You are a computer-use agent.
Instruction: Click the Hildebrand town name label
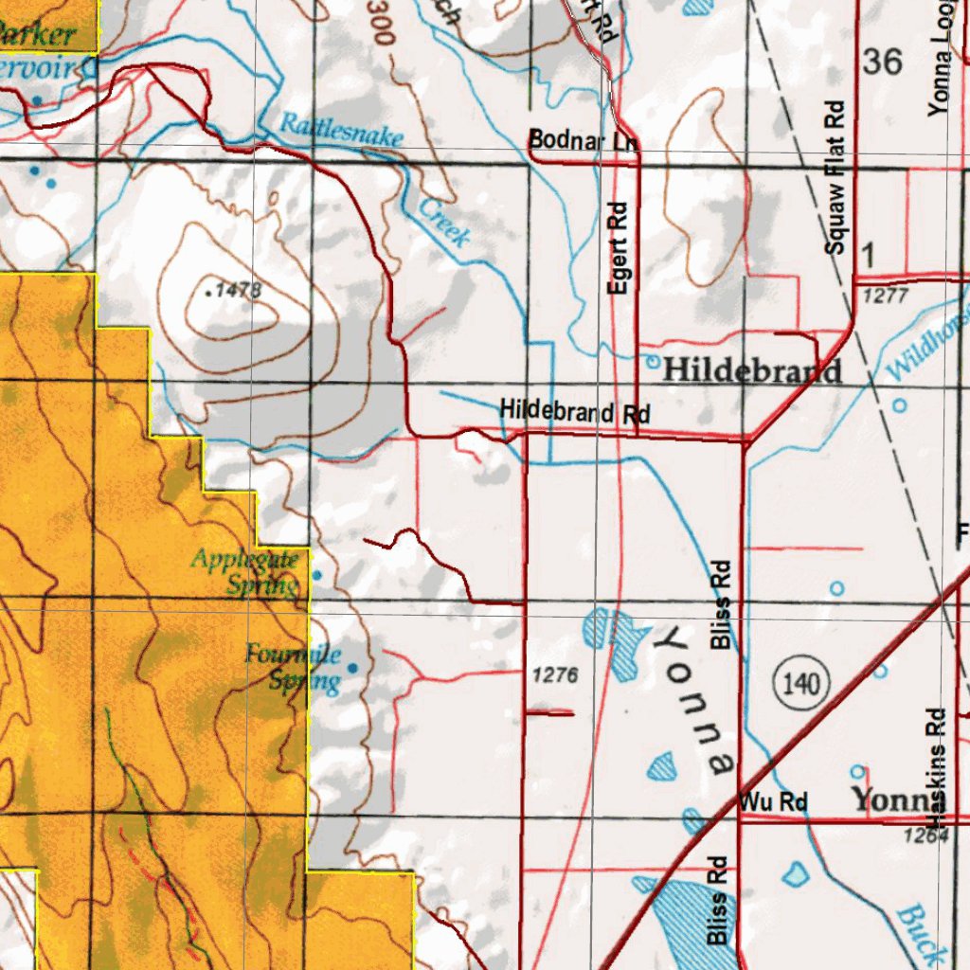point(751,370)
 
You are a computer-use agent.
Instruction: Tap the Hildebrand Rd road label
point(575,412)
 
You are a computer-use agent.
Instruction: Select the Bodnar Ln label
point(582,140)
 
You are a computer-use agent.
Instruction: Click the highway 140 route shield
point(801,681)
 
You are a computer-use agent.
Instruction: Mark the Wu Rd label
point(773,802)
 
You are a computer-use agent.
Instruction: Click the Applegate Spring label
point(245,571)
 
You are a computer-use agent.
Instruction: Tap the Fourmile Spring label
point(295,666)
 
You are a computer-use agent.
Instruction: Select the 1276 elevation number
point(555,675)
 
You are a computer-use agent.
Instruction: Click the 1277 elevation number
point(886,296)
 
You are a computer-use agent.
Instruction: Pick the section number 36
point(882,63)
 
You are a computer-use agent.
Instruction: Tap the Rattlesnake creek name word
point(342,129)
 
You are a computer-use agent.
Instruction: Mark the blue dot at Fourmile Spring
point(353,668)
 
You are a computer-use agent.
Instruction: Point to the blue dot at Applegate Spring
point(316,575)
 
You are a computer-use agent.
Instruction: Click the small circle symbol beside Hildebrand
point(652,361)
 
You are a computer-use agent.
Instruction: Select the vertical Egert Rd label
point(619,248)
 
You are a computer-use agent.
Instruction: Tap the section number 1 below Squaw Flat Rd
point(869,254)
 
